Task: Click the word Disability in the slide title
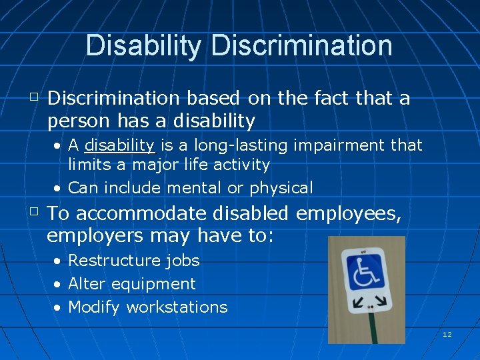click(143, 45)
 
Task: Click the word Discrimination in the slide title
click(301, 45)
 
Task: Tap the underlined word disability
click(120, 145)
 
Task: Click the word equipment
click(153, 284)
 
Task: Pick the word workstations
click(177, 307)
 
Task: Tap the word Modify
click(94, 307)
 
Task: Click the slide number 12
click(447, 334)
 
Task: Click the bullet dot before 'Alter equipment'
click(59, 285)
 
